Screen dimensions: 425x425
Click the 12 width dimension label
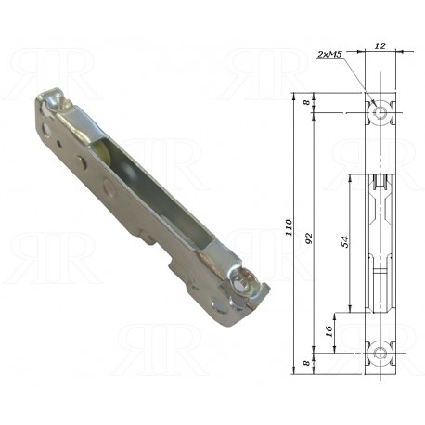[x=380, y=46]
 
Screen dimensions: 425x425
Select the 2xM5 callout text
[x=329, y=55]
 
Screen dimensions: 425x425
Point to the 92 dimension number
[x=310, y=238]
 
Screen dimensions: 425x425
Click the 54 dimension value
[x=344, y=241]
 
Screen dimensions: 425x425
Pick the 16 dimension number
[x=329, y=331]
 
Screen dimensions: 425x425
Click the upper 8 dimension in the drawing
[x=306, y=102]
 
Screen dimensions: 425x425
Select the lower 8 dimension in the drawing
[x=306, y=362]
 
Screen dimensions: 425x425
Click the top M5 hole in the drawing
[x=380, y=112]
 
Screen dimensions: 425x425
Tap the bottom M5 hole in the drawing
[x=380, y=353]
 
